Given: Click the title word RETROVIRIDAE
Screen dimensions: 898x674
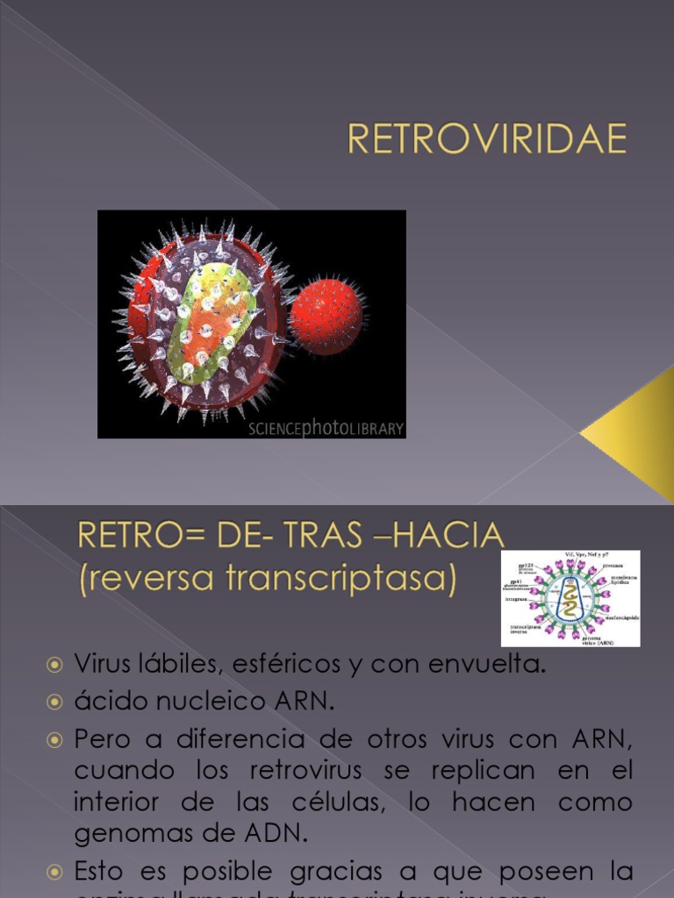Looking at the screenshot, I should tap(488, 139).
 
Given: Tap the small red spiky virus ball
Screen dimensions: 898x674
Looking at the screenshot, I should tap(326, 311).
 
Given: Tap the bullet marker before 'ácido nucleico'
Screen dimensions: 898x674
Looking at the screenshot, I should tap(54, 702).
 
